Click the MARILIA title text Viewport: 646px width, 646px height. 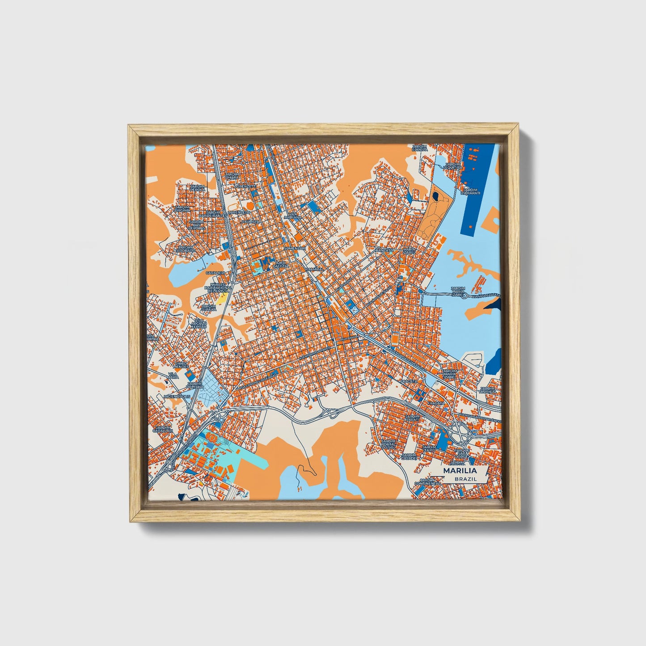point(460,471)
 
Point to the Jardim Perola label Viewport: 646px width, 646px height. point(197,188)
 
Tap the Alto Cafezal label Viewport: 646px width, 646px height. point(281,265)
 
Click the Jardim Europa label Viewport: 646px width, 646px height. point(419,148)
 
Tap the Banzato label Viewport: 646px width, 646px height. point(384,250)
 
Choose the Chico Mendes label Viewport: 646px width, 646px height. point(181,365)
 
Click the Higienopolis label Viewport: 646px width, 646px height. point(177,396)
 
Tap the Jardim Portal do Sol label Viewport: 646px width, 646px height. point(388,444)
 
